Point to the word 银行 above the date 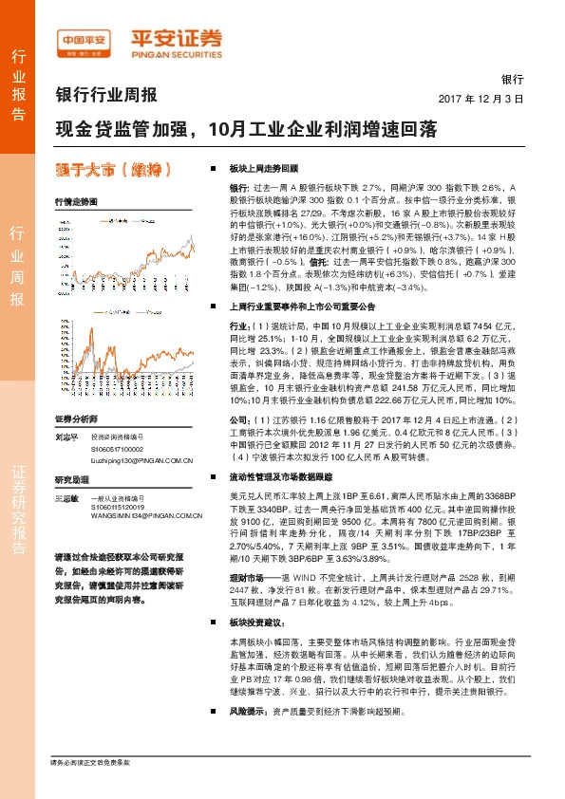coord(513,80)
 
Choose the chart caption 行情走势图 coord(76,203)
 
